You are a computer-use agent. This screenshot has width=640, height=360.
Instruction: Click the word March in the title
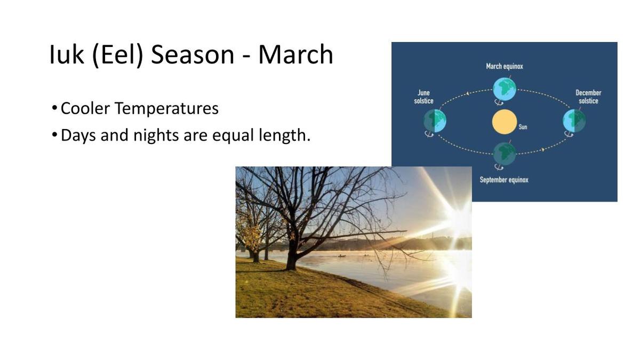tap(295, 54)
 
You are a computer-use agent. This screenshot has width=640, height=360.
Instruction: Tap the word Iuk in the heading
tap(67, 54)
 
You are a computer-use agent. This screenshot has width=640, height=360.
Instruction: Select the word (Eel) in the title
tap(118, 55)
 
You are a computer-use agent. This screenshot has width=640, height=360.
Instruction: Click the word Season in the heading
tap(193, 54)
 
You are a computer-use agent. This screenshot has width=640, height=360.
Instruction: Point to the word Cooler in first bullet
tap(85, 108)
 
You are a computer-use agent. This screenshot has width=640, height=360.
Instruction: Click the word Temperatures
tap(167, 109)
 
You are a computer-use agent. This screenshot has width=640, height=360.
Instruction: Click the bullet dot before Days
tap(54, 134)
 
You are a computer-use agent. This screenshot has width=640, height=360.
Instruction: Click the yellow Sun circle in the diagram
tap(505, 122)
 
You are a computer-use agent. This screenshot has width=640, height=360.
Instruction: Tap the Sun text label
tap(523, 127)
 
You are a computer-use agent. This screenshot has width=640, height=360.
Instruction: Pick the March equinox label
tap(505, 67)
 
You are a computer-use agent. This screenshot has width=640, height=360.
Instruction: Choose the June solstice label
tap(423, 97)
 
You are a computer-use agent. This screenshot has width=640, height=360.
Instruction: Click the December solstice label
tap(588, 97)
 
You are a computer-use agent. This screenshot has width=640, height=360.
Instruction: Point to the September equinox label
tap(504, 180)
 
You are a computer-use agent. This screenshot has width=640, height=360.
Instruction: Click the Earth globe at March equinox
tap(505, 90)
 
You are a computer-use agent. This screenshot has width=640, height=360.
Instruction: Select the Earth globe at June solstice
tap(435, 121)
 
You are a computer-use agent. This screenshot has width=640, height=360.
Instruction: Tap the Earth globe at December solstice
tap(574, 121)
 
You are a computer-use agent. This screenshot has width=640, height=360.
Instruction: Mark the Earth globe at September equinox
tap(505, 154)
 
